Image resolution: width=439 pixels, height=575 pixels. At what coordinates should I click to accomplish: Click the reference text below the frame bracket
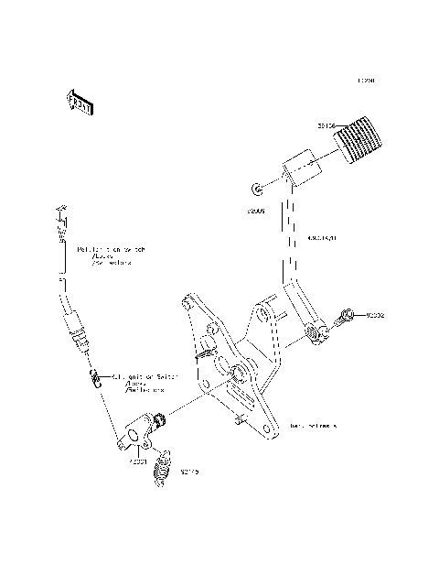coord(314,426)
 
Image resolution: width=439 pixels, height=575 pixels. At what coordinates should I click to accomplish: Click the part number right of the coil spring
coord(189,472)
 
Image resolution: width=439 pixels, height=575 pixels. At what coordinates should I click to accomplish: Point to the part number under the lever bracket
coord(137,462)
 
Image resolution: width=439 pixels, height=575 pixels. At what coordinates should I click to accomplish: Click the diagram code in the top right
coord(367,81)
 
